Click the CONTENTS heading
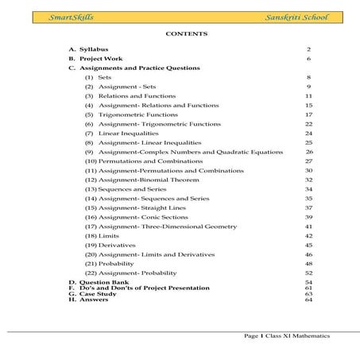coord(186,34)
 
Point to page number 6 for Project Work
coord(308,59)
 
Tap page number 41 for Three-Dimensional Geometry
coord(308,226)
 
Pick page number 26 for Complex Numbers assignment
coord(308,152)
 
